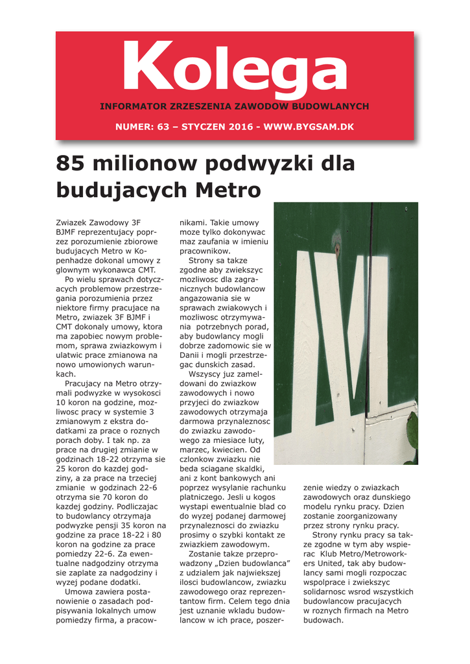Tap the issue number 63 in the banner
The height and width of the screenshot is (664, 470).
coord(164,126)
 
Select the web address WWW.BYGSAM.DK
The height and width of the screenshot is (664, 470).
coord(309,126)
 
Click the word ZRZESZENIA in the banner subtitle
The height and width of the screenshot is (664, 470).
coord(200,106)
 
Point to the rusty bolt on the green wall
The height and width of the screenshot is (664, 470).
coord(336,247)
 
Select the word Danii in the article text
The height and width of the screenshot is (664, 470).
coord(191,355)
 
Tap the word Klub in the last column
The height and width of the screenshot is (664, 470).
coord(330,554)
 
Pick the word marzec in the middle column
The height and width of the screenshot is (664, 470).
coord(194,449)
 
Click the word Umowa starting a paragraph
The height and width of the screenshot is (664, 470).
coord(78,591)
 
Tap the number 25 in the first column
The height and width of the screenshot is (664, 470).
coord(62,468)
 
